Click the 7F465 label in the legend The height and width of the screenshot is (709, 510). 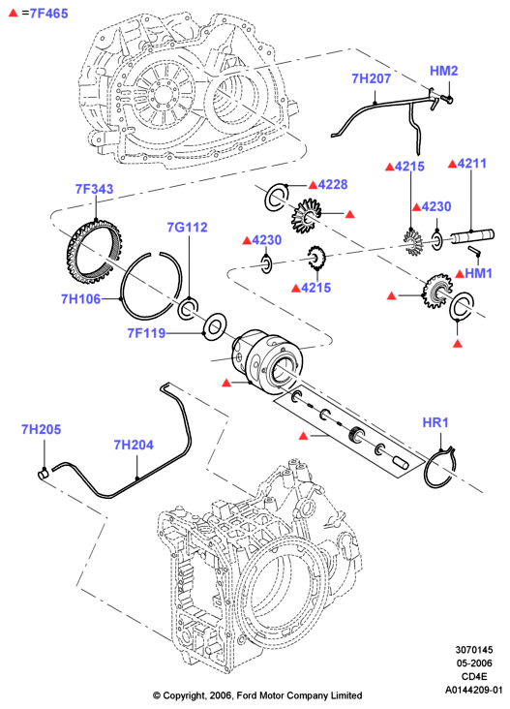point(48,14)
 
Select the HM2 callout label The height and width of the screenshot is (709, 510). point(443,71)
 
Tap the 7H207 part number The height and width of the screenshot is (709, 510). point(371,78)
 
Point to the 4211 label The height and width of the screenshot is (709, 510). point(472,164)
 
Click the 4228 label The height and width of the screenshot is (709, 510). point(333,184)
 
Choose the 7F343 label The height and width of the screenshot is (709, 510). point(95,189)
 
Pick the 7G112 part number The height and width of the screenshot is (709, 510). point(187,227)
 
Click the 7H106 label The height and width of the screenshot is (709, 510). point(81,299)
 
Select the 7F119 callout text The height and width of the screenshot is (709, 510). point(146,333)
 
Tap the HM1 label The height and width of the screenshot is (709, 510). point(478,273)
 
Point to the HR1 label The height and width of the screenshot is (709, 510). point(435,422)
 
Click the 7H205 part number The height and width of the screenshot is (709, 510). point(41,429)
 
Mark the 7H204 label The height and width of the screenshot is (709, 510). point(134,445)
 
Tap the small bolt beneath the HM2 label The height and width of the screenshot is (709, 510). point(446,98)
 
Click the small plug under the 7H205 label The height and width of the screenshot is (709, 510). point(43,474)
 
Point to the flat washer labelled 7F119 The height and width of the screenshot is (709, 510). point(215,327)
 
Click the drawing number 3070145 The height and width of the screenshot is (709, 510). point(474,650)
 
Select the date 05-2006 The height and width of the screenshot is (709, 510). point(474,663)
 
